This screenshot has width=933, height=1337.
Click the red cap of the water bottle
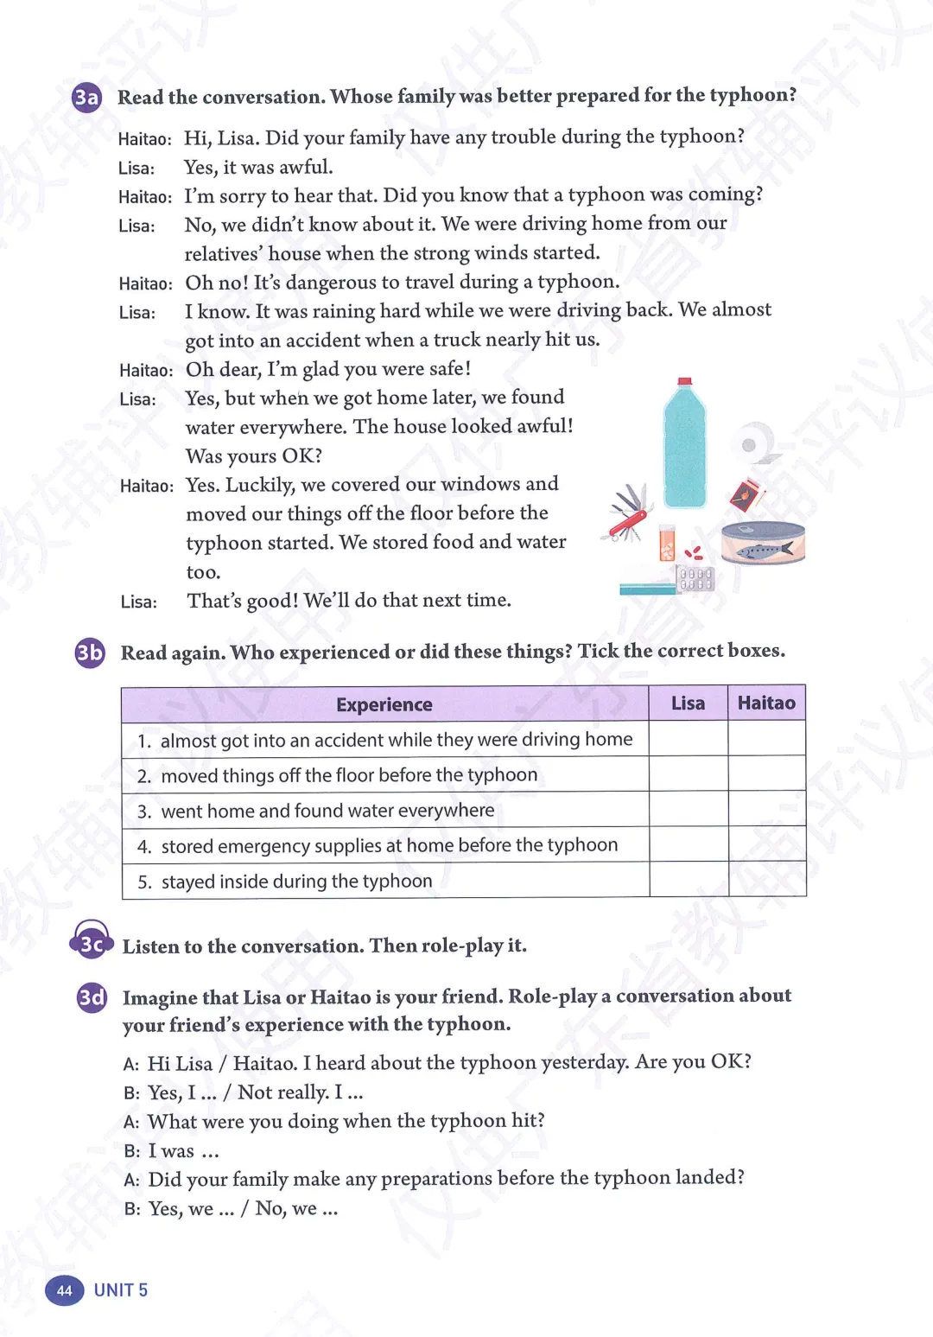click(x=685, y=381)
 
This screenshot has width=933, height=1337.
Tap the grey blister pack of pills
click(x=695, y=578)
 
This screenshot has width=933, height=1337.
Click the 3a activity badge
click(x=86, y=98)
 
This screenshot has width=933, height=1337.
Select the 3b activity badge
click(x=90, y=653)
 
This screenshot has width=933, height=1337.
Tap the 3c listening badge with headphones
click(x=91, y=943)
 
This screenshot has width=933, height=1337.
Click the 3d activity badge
click(x=92, y=998)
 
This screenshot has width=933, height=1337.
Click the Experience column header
click(x=384, y=704)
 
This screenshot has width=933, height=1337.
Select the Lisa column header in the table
click(x=688, y=704)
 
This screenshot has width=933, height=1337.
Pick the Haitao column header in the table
click(x=766, y=704)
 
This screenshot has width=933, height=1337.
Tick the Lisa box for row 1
click(x=689, y=739)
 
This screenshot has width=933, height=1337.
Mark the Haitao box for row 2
click(x=767, y=774)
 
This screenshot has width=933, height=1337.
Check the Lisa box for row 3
click(x=689, y=810)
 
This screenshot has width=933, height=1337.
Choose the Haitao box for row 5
click(x=767, y=880)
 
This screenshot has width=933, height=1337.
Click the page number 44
click(x=65, y=1290)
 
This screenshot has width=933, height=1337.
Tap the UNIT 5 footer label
click(x=121, y=1290)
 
